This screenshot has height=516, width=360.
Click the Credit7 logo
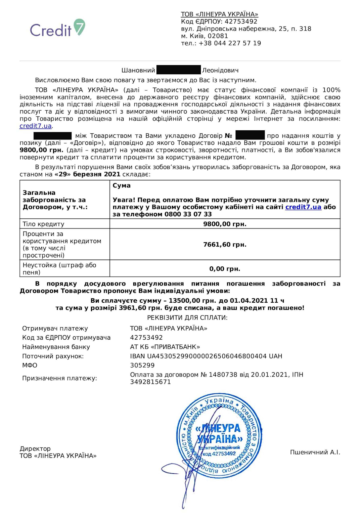(57, 29)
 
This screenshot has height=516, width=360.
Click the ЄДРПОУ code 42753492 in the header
(241, 21)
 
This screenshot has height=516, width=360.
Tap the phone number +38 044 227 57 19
(230, 43)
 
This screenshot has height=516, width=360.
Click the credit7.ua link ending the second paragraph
(35, 126)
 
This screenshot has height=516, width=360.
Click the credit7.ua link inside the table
(303, 207)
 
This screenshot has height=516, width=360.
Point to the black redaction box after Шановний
(178, 70)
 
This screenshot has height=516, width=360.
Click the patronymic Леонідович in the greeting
(220, 71)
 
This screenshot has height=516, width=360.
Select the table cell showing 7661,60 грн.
(225, 245)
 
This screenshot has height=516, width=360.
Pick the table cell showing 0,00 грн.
(225, 269)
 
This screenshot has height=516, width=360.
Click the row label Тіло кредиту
(43, 224)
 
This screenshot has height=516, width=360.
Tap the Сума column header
(122, 185)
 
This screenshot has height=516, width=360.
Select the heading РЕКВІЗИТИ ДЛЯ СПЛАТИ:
(187, 318)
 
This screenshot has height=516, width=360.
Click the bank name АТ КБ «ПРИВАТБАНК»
(165, 347)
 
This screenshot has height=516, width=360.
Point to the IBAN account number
(206, 356)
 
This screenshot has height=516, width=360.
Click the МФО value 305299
(142, 365)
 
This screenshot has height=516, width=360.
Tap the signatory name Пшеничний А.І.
(315, 453)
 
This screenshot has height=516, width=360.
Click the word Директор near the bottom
(35, 449)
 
